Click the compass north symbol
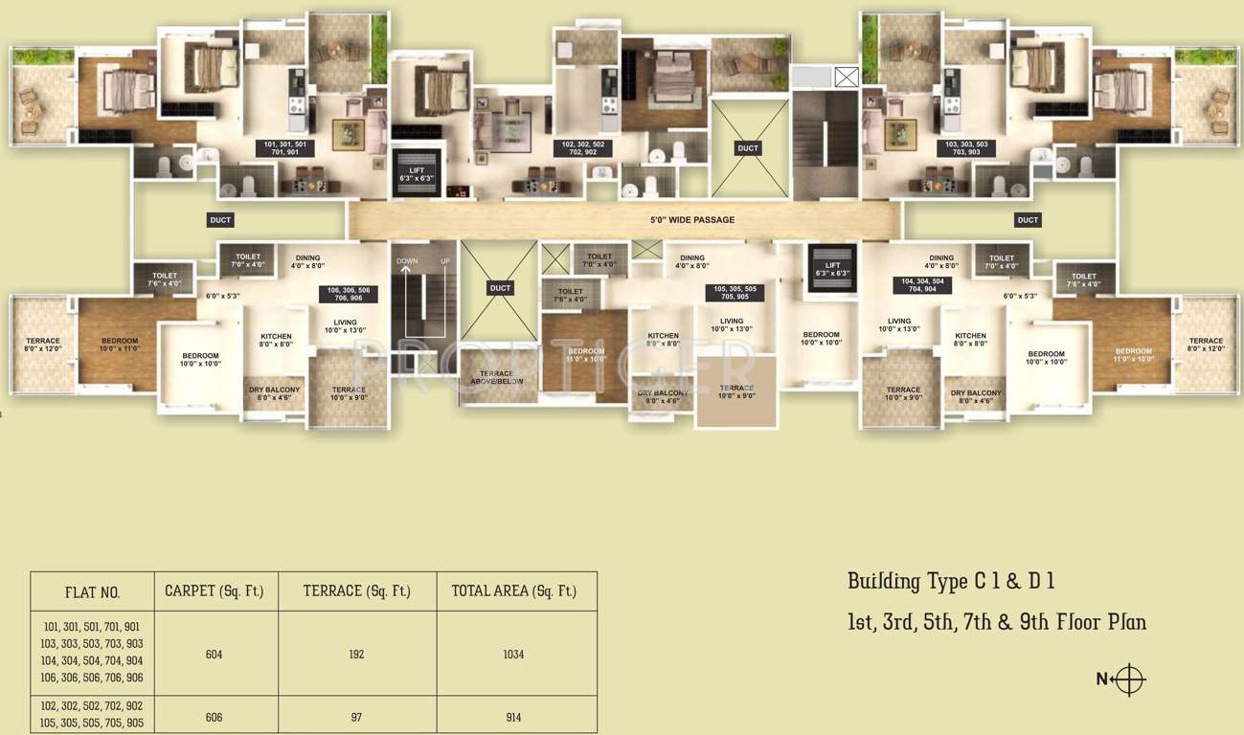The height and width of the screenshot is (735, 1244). coord(1130,679)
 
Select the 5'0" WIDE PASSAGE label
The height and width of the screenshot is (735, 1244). coord(692,220)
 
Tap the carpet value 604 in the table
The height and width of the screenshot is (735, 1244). coord(214,655)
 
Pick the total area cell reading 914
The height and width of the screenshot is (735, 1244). coord(514,717)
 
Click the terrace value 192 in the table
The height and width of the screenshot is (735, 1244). coord(356,655)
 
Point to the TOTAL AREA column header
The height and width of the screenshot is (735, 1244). coord(513,591)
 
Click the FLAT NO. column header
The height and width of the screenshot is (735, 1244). coord(92,592)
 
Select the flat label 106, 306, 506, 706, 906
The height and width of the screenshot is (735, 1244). coord(349,294)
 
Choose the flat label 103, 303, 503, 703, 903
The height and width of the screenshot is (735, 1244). coord(966,148)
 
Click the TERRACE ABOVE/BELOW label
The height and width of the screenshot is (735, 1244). coord(497,377)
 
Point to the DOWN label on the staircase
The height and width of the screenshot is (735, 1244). coord(407,261)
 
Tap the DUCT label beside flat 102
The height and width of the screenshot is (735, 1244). coord(748,148)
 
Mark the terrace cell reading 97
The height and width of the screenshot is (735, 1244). coord(356,717)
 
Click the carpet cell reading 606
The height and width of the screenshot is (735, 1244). coord(214,717)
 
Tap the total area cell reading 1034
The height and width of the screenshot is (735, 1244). coord(514,655)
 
